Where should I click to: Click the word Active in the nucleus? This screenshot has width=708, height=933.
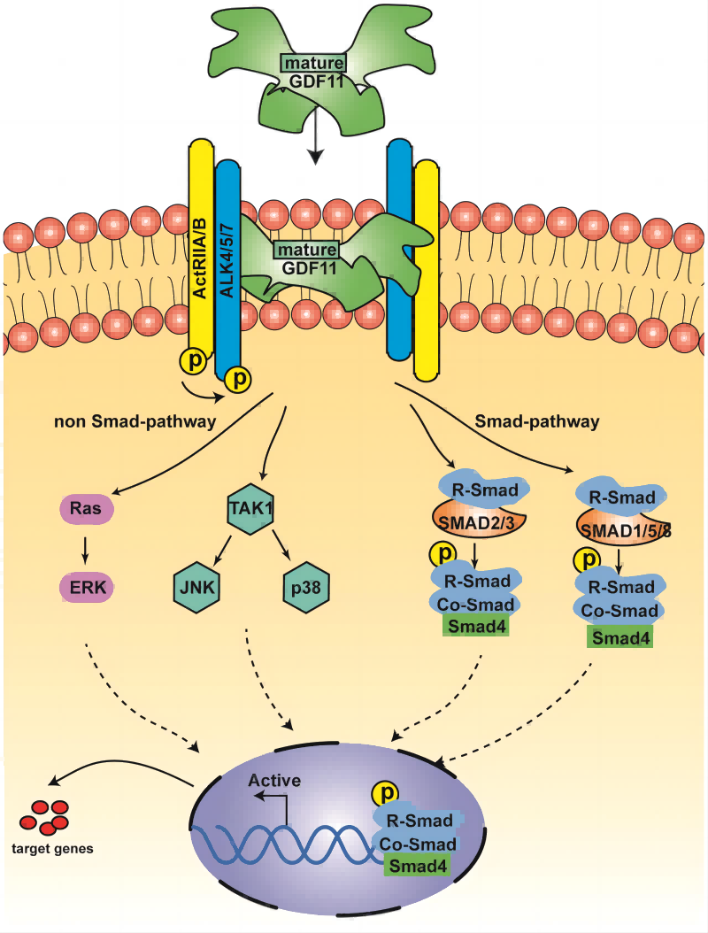[x=274, y=781]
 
